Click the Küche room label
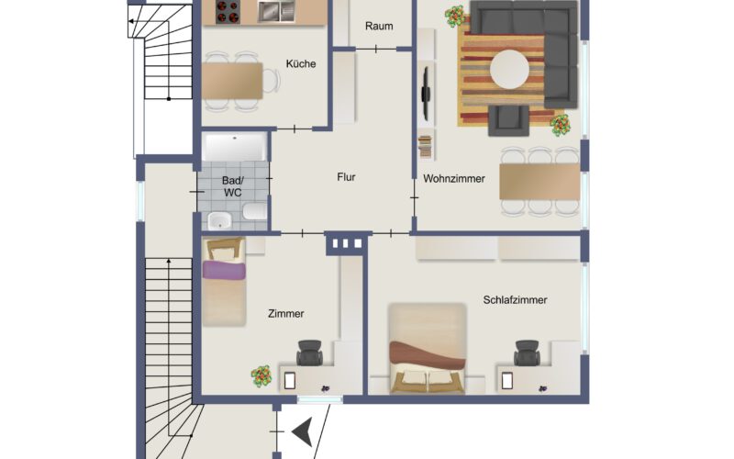pos(301,63)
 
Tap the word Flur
pos(347,177)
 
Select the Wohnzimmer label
pos(454,178)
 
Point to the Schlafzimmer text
pos(515,300)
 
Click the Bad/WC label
pos(233,186)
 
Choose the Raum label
pos(379,27)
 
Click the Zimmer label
pos(286,314)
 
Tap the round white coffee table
pos(509,70)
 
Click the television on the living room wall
pos(426,93)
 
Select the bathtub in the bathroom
pos(235,147)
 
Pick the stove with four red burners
pos(228,11)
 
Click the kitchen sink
pos(276,10)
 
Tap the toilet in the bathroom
pos(255,211)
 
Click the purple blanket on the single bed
pos(224,271)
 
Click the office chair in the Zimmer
pos(309,353)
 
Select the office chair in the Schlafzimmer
pos(527,353)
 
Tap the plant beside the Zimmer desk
pos(261,376)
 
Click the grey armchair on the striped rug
pos(508,120)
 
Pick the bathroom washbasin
pos(219,220)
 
